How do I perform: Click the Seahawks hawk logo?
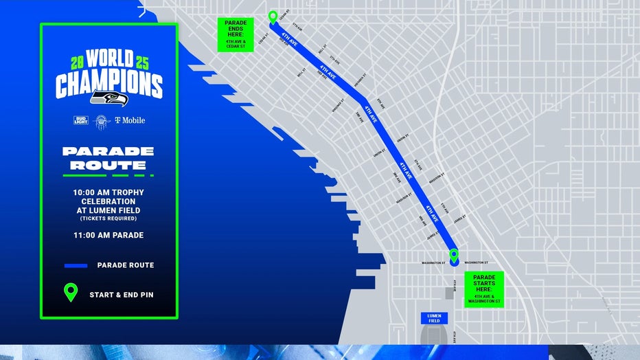tap(108, 99)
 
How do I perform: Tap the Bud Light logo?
tap(81, 120)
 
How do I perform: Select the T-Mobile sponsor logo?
tap(129, 120)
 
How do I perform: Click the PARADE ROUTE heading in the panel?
tap(108, 158)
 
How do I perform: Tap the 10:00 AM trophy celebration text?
tap(108, 201)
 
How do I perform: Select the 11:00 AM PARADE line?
tap(108, 235)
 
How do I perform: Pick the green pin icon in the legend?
tap(71, 293)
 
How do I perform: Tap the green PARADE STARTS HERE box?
tap(484, 289)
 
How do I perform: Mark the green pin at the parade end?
tap(273, 17)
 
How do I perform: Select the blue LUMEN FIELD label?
tap(434, 318)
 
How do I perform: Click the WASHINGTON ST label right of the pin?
tap(476, 262)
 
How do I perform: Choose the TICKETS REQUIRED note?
tap(108, 218)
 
